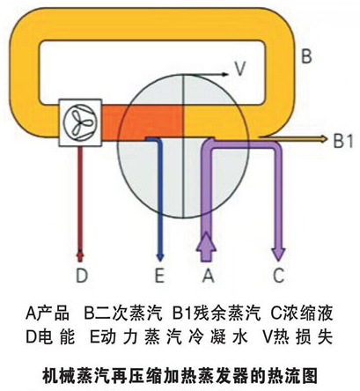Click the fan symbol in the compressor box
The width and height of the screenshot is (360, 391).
80,122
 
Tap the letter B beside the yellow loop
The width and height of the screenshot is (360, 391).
306,55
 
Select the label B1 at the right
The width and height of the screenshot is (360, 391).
342,140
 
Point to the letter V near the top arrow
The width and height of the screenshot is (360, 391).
240,69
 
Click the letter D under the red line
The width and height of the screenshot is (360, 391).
82,276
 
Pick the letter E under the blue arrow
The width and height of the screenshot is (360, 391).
159,276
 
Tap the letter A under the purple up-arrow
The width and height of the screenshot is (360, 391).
208,276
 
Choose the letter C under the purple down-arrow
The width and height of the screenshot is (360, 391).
278,276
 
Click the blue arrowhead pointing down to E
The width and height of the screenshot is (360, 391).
160,257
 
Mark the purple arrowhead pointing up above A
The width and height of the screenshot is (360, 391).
206,241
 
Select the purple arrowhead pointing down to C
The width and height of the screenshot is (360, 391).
278,254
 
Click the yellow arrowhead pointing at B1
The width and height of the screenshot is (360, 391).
324,139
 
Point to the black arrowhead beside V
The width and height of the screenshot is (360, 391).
224,74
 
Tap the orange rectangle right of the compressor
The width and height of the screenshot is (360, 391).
143,121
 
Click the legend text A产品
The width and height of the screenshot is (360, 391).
48,314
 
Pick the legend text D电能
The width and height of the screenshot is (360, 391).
50,337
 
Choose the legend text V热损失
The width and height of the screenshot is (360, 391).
298,337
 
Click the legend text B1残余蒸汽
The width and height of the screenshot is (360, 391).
217,314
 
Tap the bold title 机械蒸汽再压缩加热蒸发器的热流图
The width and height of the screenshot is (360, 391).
180,375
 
